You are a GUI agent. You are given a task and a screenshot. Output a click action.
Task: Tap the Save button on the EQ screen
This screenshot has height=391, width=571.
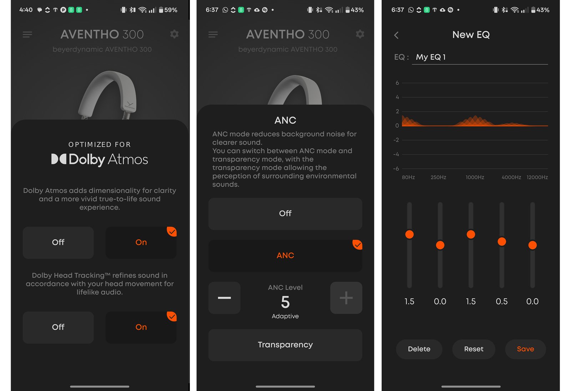[525, 349]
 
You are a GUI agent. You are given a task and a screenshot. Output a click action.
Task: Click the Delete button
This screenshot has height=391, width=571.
[419, 349]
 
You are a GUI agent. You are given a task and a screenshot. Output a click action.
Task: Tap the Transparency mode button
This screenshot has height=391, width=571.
[285, 345]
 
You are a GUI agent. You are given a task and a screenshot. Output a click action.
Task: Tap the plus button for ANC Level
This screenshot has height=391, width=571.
[346, 298]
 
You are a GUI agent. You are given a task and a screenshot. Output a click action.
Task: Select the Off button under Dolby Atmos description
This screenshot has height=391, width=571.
[58, 242]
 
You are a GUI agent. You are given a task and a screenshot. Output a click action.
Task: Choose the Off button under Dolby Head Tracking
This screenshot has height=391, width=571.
[58, 327]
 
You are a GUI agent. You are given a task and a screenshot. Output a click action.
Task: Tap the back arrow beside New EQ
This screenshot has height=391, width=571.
[396, 35]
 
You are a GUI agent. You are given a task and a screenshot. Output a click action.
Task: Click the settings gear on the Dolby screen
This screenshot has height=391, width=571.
[174, 34]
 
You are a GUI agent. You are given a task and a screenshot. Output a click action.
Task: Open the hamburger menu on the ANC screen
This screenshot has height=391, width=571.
[213, 34]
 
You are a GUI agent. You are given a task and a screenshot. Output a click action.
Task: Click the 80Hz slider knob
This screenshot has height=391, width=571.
[409, 234]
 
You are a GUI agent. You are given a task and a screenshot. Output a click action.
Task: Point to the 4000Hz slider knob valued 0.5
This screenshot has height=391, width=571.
[501, 242]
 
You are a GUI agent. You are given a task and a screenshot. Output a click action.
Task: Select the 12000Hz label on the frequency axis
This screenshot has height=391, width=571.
[537, 177]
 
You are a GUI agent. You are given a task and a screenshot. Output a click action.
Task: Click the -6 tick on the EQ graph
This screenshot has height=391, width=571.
[396, 169]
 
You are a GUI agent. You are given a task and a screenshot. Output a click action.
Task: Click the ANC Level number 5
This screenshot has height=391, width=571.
[285, 302]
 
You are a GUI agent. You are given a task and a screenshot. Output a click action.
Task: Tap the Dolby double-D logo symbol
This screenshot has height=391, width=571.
[59, 159]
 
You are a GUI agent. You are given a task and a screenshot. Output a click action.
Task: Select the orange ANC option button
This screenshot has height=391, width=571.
[285, 255]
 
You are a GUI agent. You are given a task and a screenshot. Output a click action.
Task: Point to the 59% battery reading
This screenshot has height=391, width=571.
[171, 10]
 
